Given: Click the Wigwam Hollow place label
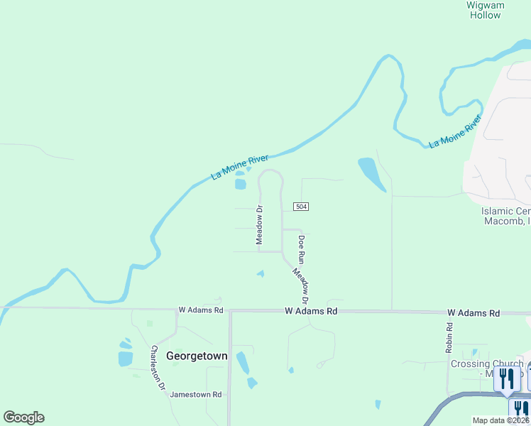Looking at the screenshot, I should tap(486, 10).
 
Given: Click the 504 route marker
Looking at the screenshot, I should tap(301, 206).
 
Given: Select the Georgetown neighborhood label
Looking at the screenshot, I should tap(197, 356).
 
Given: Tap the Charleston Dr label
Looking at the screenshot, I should tap(158, 368).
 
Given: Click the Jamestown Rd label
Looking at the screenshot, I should tap(197, 394).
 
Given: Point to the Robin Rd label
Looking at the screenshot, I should tap(449, 337).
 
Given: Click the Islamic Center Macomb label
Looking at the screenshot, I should tap(505, 216).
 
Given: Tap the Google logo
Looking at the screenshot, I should tap(23, 417).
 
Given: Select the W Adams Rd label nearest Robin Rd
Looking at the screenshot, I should tap(473, 312).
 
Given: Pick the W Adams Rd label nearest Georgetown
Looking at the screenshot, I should tap(201, 310).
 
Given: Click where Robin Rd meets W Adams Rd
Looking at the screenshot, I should tap(446, 312).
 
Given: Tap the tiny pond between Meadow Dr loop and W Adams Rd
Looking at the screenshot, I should tap(261, 274).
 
